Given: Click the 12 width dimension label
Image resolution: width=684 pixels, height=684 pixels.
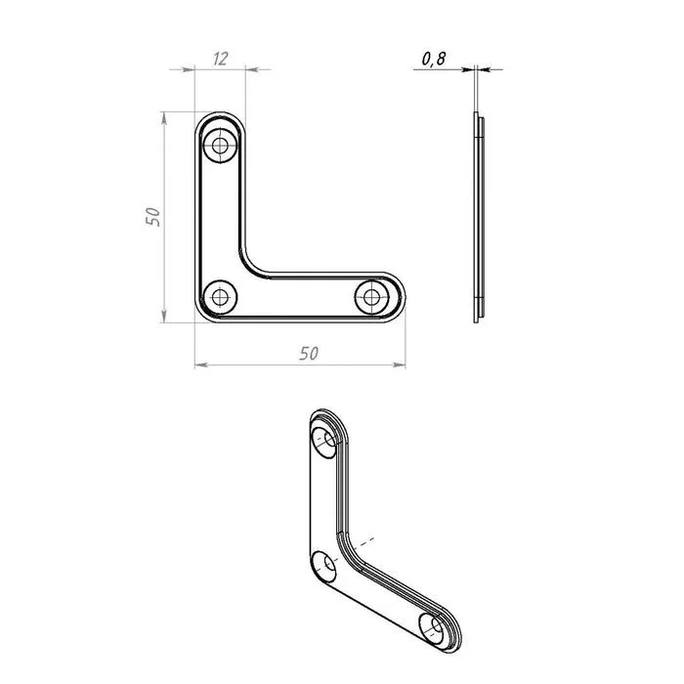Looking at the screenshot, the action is pos(221,59).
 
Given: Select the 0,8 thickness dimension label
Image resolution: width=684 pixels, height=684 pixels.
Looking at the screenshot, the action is pos(434,59).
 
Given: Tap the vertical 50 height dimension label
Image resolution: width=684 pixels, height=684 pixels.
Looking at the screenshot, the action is pos(152,217).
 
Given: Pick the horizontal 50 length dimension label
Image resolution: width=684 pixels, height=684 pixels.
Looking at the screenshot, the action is pos(309,353).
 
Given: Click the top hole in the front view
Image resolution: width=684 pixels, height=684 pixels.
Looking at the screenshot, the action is pos(220,146).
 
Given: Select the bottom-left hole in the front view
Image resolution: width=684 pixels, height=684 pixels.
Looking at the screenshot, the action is pos(220,297).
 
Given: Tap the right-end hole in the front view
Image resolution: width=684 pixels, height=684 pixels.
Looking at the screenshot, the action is pos(371,297).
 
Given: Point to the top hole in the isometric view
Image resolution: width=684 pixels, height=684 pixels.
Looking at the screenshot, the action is pos(324,443).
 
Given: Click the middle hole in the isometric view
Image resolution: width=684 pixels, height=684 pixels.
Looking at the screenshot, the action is pos(324,567).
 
